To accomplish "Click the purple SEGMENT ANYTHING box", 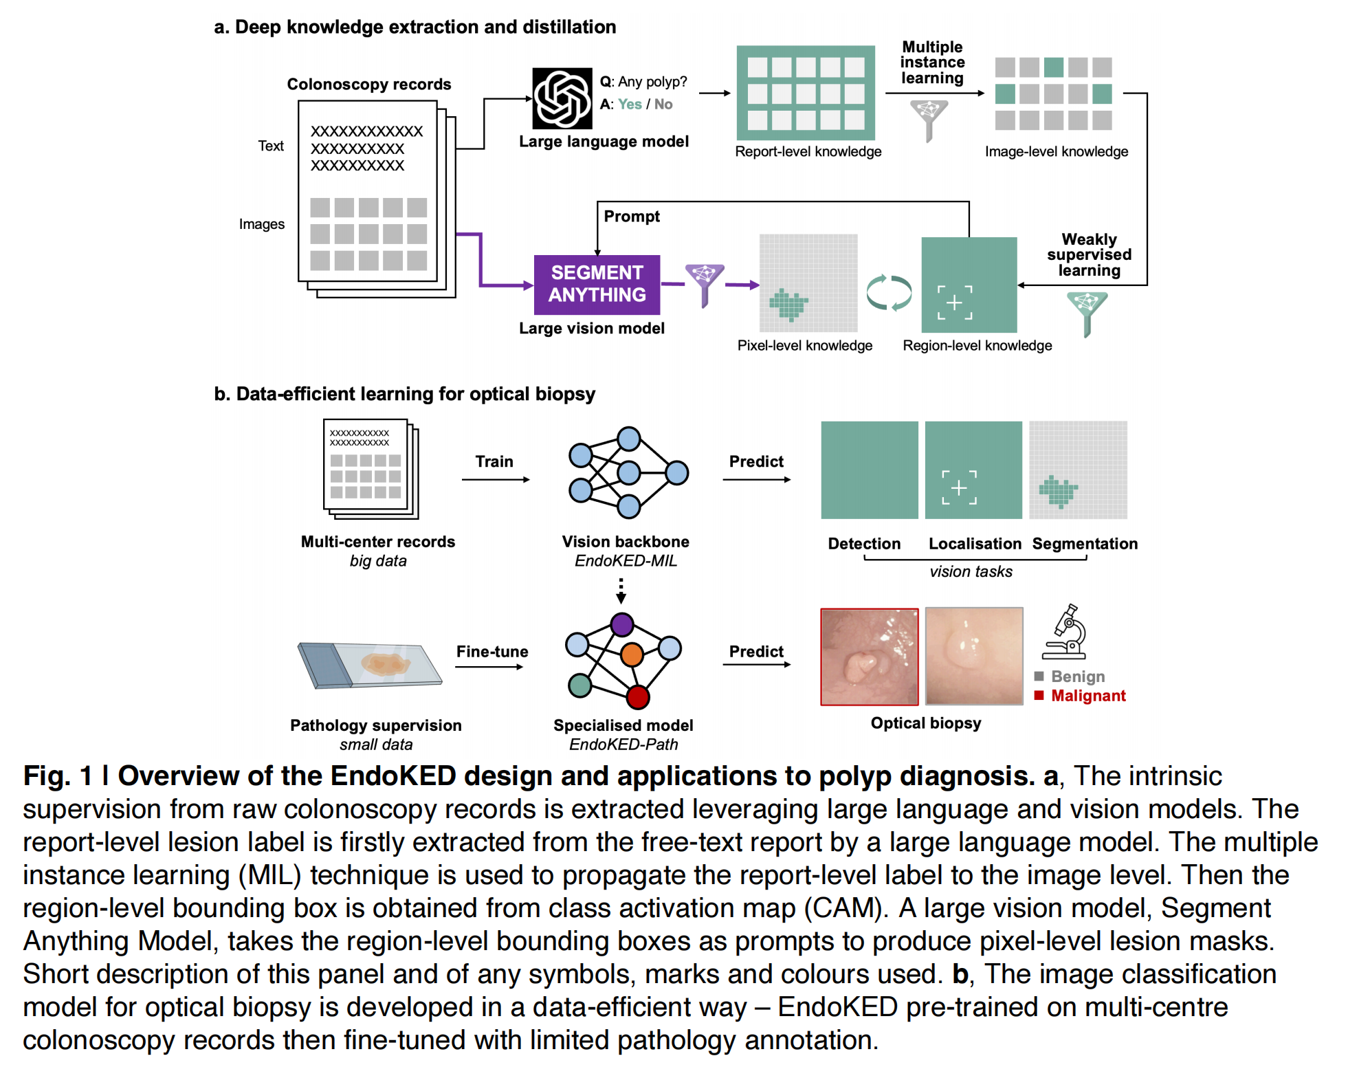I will tap(597, 284).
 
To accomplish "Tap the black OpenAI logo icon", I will tap(562, 98).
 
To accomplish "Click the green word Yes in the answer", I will tap(629, 104).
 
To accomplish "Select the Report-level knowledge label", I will tap(808, 151).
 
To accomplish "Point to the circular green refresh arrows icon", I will tap(888, 293).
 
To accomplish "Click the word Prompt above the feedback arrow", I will tap(631, 217).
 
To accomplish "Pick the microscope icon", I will tap(1065, 632).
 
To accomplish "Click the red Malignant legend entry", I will tap(1087, 696).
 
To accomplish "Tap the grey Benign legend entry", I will tap(1077, 676).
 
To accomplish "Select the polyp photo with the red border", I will tap(869, 657).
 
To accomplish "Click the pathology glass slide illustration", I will tap(370, 665).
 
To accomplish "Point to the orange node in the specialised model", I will tap(631, 654).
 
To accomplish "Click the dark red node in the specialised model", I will tap(637, 697).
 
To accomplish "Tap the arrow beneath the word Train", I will tap(495, 480).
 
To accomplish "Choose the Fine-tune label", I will tap(492, 652).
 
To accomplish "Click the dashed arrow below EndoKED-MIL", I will tap(621, 591).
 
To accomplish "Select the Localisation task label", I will tap(974, 544).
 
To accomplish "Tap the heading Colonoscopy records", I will tap(368, 85).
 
